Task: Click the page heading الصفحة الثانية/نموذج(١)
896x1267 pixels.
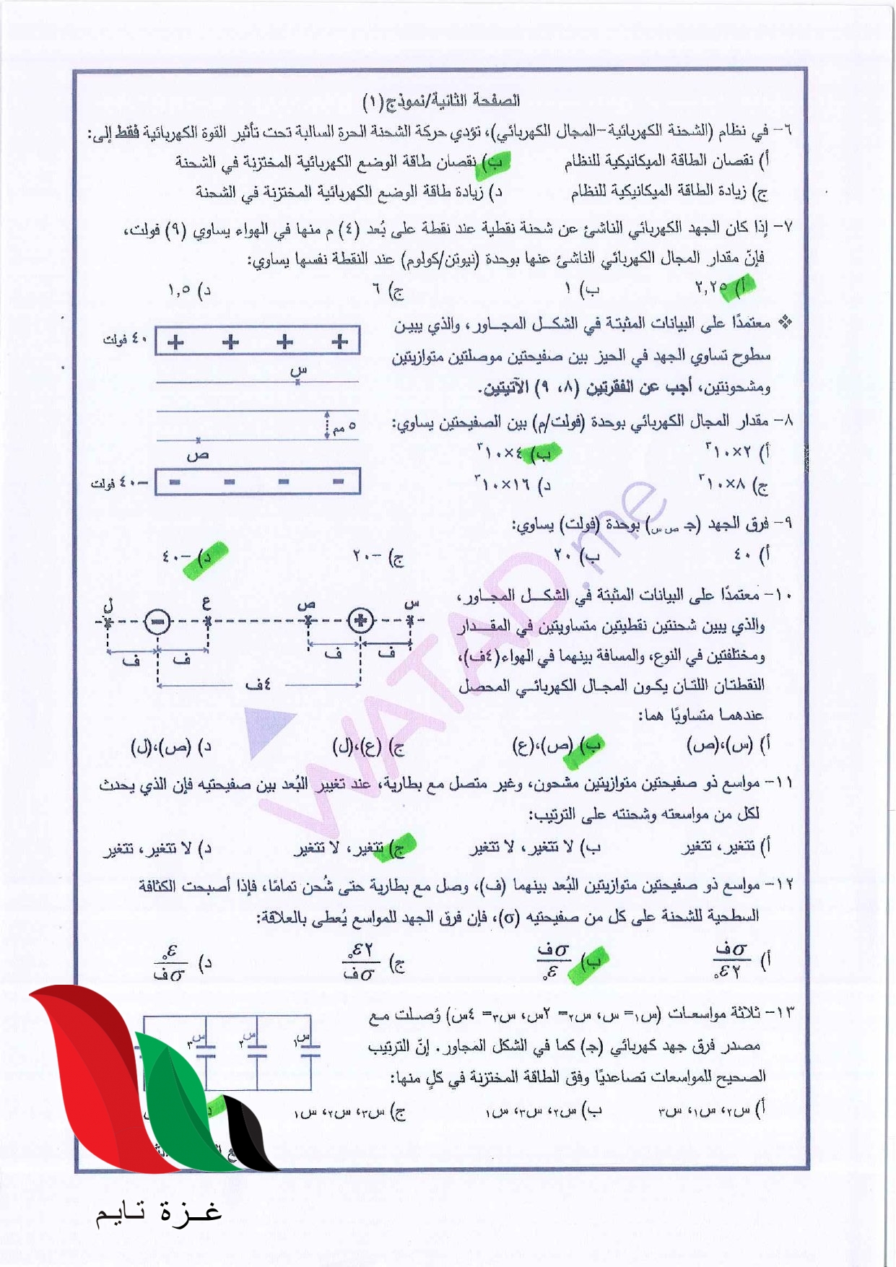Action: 441,100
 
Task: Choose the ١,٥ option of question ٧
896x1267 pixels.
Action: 188,289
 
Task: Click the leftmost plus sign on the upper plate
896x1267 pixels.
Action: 175,342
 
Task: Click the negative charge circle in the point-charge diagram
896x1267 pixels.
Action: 157,622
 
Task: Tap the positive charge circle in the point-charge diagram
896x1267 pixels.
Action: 360,620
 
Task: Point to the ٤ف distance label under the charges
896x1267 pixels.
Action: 258,684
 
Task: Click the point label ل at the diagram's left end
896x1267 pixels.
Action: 108,602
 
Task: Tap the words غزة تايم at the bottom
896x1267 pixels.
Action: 159,1212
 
